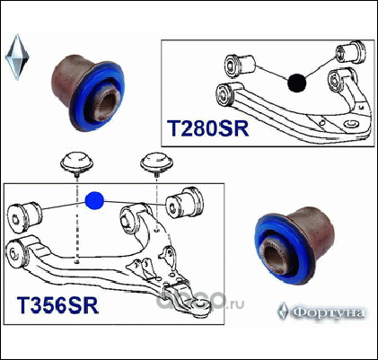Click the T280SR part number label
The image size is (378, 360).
(x=207, y=128)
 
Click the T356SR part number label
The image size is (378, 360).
(x=57, y=305)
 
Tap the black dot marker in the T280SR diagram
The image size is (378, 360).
(x=297, y=83)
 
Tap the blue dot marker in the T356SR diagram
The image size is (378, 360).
(x=94, y=200)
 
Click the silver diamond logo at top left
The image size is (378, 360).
(x=17, y=57)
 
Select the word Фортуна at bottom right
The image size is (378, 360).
(x=329, y=313)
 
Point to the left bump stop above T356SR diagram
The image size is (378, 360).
(x=77, y=163)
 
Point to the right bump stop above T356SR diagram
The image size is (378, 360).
(x=156, y=163)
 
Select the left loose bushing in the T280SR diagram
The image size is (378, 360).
(x=240, y=64)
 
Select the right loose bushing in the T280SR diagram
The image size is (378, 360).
(x=350, y=53)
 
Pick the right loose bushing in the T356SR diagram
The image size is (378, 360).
(x=185, y=202)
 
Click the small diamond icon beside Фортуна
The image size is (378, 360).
(x=283, y=311)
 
